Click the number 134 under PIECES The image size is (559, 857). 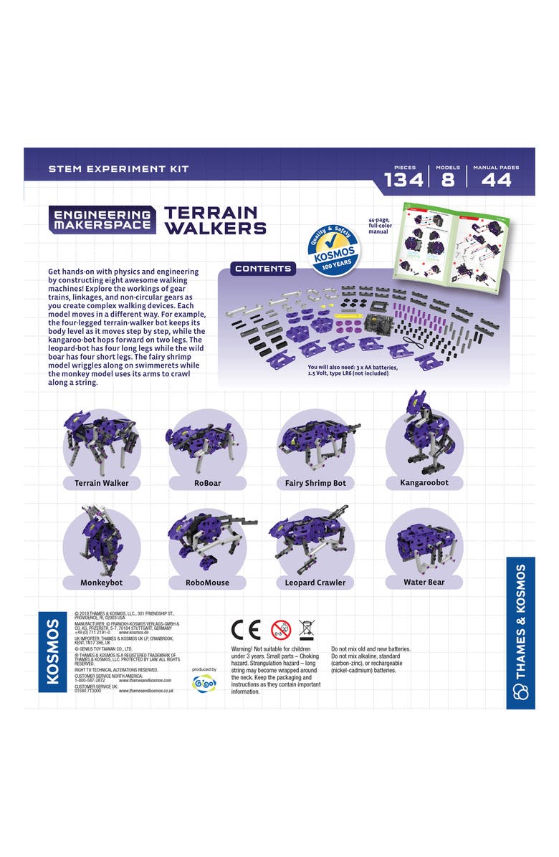pyautogui.click(x=404, y=180)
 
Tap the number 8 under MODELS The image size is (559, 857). pyautogui.click(x=447, y=180)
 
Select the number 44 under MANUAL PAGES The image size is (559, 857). pyautogui.click(x=496, y=180)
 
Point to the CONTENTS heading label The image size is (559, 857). pyautogui.click(x=263, y=269)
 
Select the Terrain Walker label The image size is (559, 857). pyautogui.click(x=102, y=483)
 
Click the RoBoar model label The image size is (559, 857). pyautogui.click(x=207, y=483)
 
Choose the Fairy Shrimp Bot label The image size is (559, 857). pyautogui.click(x=315, y=483)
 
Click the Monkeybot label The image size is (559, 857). pyautogui.click(x=102, y=583)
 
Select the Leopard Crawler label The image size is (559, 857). pyautogui.click(x=315, y=583)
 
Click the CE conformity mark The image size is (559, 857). pyautogui.click(x=246, y=629)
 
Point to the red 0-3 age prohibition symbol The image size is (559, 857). pyautogui.click(x=281, y=629)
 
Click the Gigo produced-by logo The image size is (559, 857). pyautogui.click(x=204, y=683)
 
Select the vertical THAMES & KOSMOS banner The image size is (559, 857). pyautogui.click(x=520, y=633)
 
